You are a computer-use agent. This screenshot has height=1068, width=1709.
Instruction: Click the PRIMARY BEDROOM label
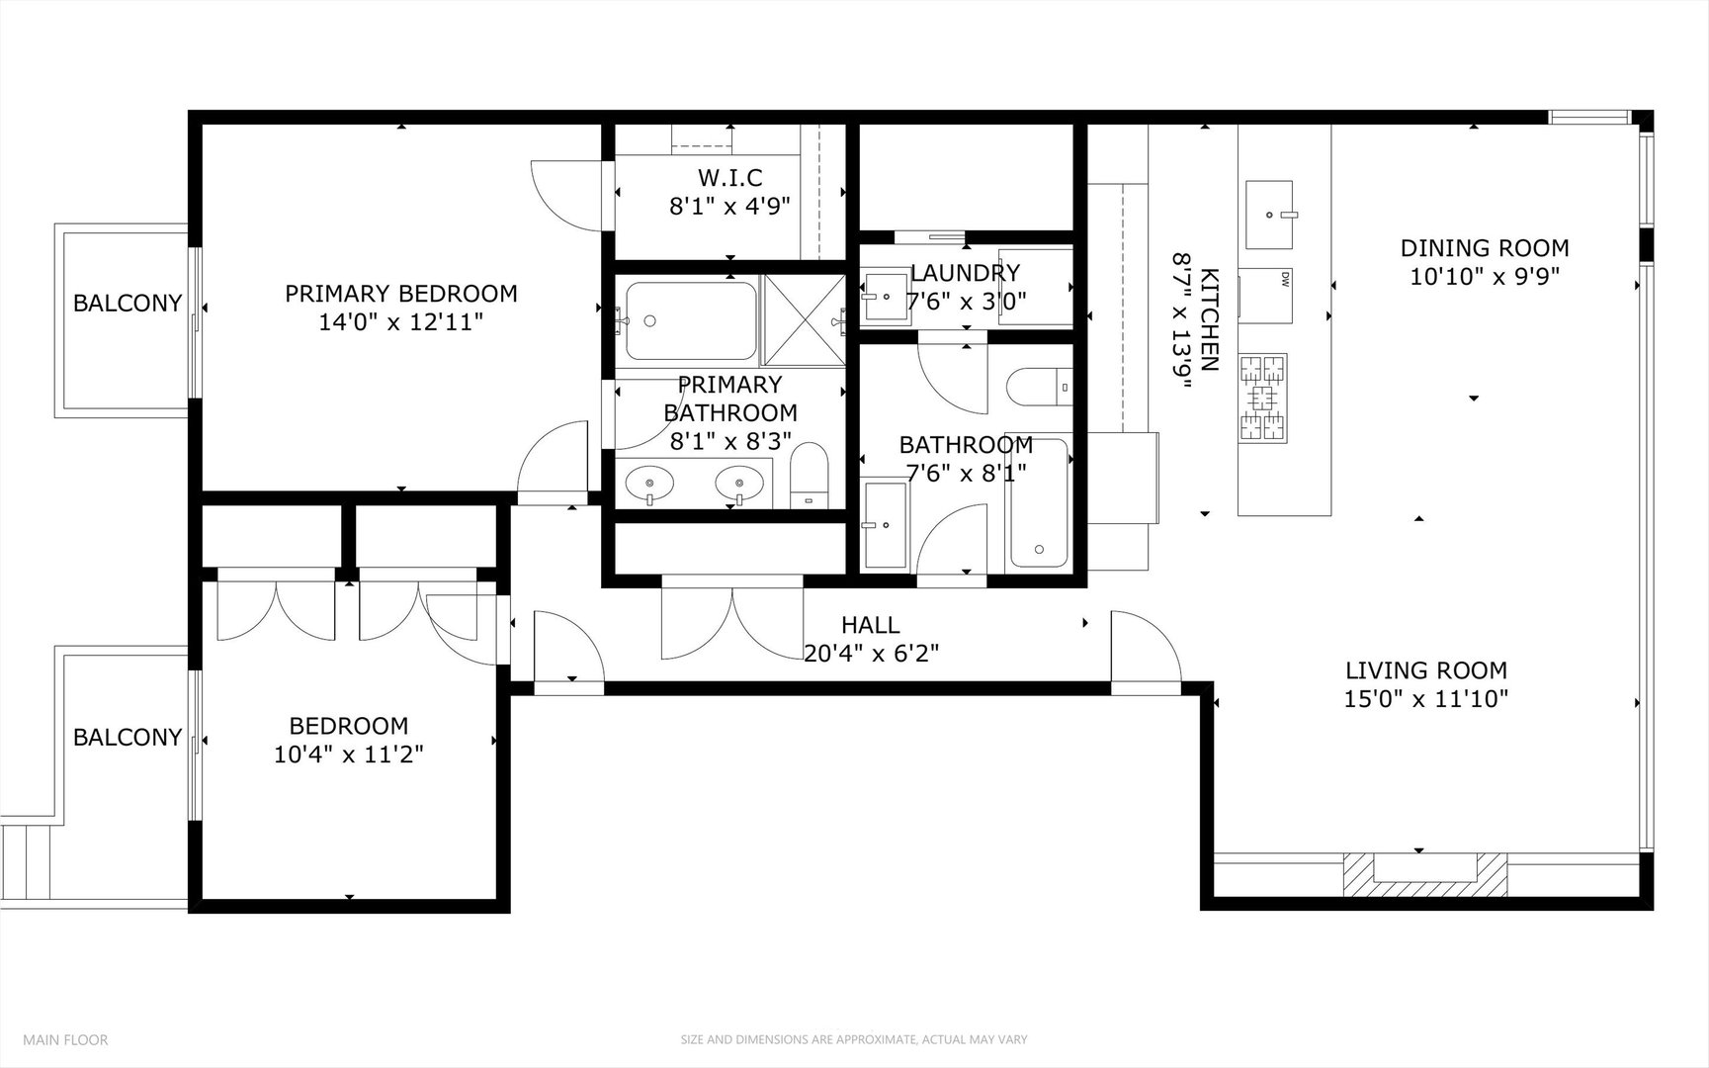(x=400, y=294)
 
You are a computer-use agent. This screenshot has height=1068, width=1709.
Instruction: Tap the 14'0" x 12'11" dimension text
(x=400, y=322)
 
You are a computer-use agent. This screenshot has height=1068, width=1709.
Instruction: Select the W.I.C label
(x=729, y=178)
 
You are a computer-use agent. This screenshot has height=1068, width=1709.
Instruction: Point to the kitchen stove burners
(x=1263, y=397)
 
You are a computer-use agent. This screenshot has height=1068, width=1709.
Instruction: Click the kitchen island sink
(x=1269, y=214)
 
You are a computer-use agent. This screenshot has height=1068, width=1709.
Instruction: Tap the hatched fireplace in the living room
(x=1424, y=872)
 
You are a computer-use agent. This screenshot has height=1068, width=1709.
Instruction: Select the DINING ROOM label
(x=1484, y=248)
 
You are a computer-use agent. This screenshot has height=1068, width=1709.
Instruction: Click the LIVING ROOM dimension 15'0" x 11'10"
(x=1425, y=699)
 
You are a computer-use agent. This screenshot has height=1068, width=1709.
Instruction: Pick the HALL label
(x=870, y=625)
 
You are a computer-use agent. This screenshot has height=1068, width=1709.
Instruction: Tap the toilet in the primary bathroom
(x=810, y=476)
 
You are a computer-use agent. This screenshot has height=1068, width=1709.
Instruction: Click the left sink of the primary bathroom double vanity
(x=650, y=485)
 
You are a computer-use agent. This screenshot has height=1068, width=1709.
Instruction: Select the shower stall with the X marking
(x=804, y=318)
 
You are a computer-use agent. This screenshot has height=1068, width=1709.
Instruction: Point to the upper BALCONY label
(x=128, y=303)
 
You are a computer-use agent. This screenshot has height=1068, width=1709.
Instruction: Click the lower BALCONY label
(x=128, y=737)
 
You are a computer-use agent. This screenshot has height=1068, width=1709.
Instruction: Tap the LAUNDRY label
(x=965, y=273)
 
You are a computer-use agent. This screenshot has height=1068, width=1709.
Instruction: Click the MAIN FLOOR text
(x=65, y=1039)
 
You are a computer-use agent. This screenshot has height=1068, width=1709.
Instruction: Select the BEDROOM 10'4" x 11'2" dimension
(x=349, y=755)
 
